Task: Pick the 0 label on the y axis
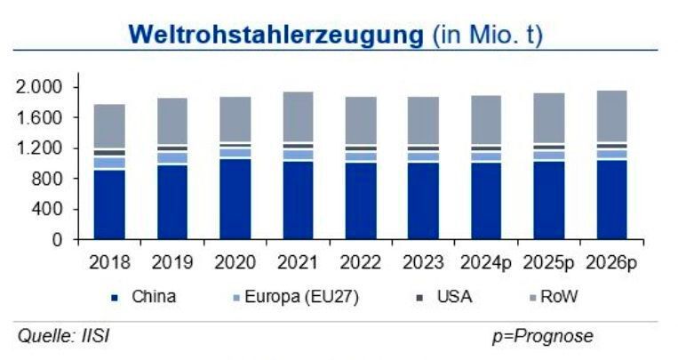[x=58, y=240]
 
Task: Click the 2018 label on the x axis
[x=109, y=262]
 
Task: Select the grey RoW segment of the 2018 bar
[x=109, y=127]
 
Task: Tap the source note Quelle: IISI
[x=65, y=336]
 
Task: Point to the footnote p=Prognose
[x=542, y=336]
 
